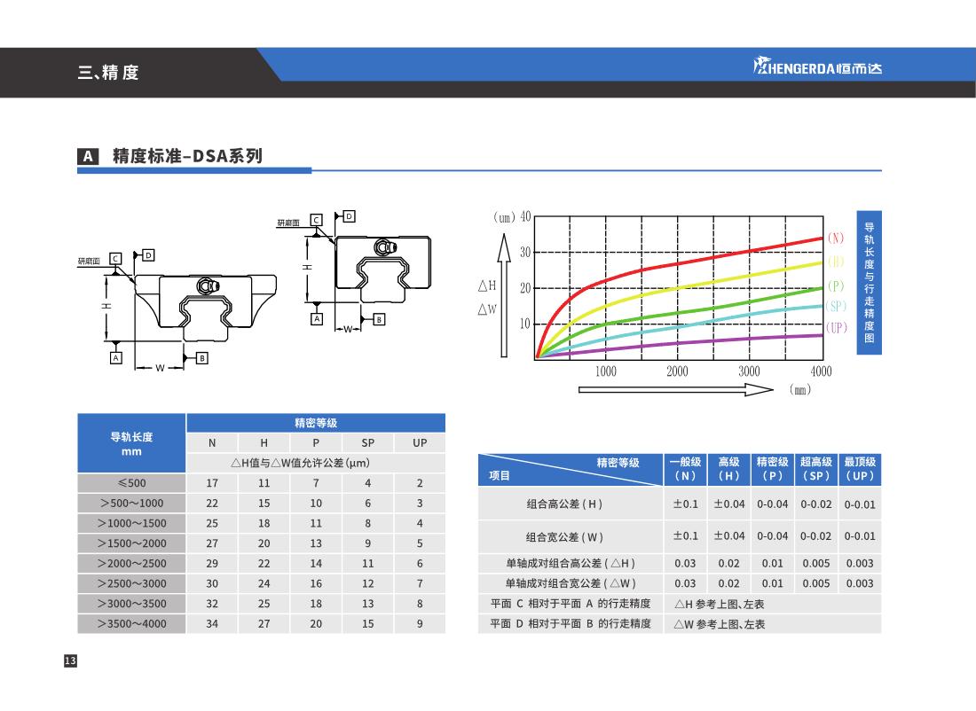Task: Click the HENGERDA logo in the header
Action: click(x=817, y=67)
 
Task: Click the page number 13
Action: click(x=70, y=660)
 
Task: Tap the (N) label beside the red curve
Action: click(x=835, y=238)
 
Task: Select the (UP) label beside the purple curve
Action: click(x=837, y=327)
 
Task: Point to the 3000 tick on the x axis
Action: click(x=749, y=371)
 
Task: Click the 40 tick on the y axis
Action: click(x=524, y=217)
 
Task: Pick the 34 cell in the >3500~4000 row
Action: click(x=211, y=623)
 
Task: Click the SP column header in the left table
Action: click(x=368, y=442)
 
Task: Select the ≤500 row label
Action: click(x=131, y=483)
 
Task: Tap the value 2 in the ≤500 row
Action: click(x=420, y=483)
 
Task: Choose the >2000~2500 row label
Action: click(x=131, y=563)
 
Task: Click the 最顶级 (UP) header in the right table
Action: click(x=860, y=469)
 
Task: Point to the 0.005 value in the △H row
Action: click(x=815, y=563)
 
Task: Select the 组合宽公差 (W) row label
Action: click(x=564, y=535)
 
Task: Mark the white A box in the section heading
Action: click(x=88, y=157)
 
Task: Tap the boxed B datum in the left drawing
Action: click(x=202, y=358)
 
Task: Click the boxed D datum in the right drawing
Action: click(x=350, y=215)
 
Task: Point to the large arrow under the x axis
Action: click(x=675, y=389)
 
